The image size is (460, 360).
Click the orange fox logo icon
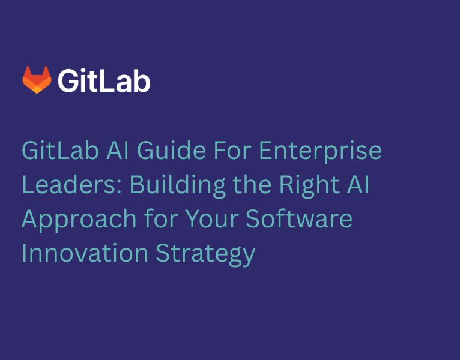37,80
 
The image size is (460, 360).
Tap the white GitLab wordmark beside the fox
104,80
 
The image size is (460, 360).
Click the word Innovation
84,253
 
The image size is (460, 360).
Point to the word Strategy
206,254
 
